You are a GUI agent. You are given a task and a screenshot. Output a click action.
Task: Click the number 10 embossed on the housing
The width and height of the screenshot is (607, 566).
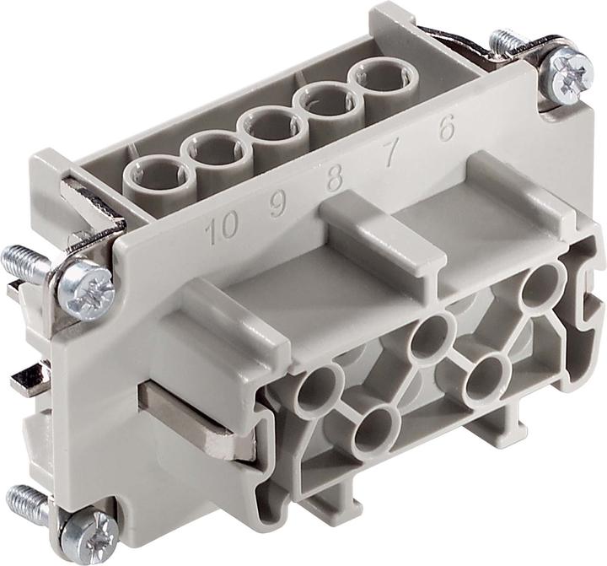pyautogui.click(x=222, y=227)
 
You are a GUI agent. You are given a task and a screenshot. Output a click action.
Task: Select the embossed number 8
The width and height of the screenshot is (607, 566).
pyautogui.click(x=334, y=179)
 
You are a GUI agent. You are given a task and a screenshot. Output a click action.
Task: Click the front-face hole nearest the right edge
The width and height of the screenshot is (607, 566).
pyautogui.click(x=543, y=283)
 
